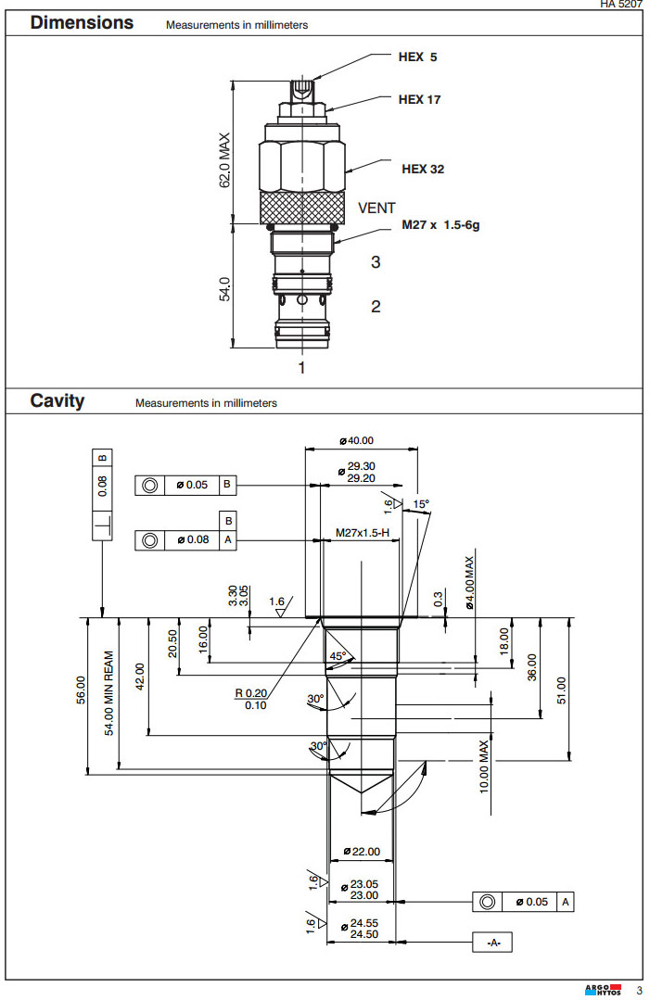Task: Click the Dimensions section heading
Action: (82, 23)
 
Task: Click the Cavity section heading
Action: (57, 401)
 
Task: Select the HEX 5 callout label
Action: (417, 57)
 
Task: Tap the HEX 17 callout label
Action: (419, 100)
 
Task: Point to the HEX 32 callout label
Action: (422, 170)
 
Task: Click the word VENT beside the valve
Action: (376, 209)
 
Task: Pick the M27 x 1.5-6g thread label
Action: (441, 225)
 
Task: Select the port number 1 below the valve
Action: (301, 368)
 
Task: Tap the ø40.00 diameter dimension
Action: (363, 441)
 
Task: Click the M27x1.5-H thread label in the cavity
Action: (363, 534)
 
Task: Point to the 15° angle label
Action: (421, 504)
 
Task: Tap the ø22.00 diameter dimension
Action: (362, 852)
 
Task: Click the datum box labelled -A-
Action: (492, 943)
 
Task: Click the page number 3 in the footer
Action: (639, 991)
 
